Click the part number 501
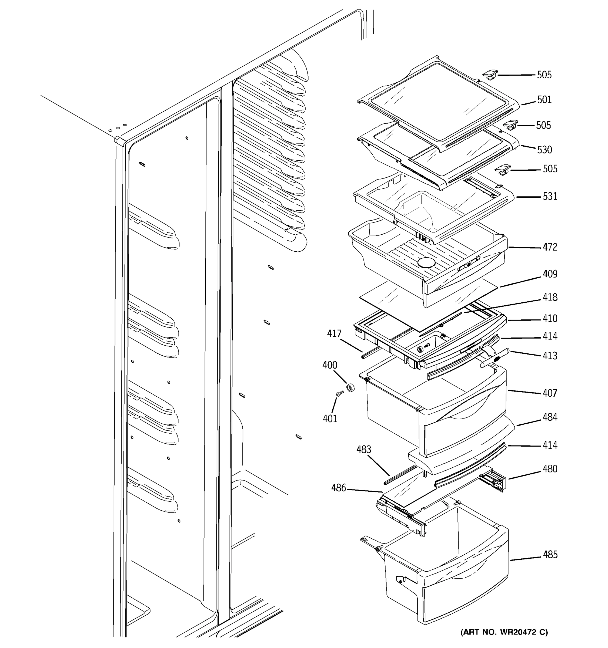pyautogui.click(x=544, y=99)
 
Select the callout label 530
pyautogui.click(x=544, y=150)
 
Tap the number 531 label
pyautogui.click(x=550, y=196)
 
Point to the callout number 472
pyautogui.click(x=550, y=247)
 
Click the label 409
pyautogui.click(x=550, y=274)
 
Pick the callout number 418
pyautogui.click(x=550, y=297)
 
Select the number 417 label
pyautogui.click(x=334, y=333)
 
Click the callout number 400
pyautogui.click(x=329, y=365)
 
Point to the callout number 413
pyautogui.click(x=550, y=355)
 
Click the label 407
pyautogui.click(x=550, y=393)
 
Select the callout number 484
pyautogui.click(x=550, y=417)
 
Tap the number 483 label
pyautogui.click(x=363, y=450)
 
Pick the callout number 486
pyautogui.click(x=338, y=488)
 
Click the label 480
pyautogui.click(x=550, y=469)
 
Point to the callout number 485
pyautogui.click(x=550, y=555)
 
